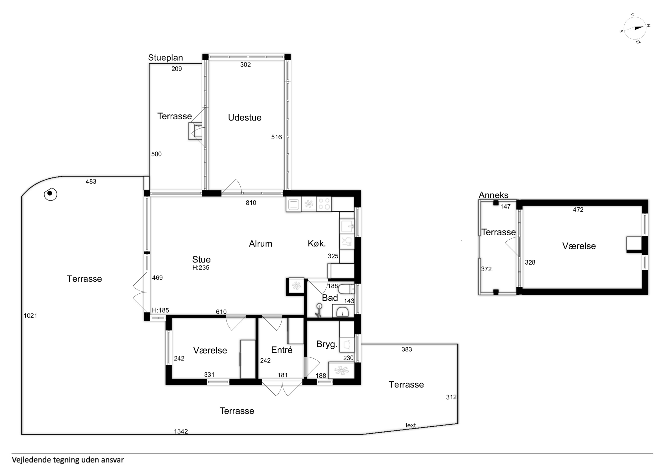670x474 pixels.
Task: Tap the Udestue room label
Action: pos(245,117)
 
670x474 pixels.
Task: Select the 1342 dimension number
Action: pos(181,431)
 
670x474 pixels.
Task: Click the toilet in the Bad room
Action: pos(346,289)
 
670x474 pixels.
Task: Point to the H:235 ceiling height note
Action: pos(201,268)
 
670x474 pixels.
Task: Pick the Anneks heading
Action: pos(493,195)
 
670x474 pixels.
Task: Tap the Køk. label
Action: pos(317,243)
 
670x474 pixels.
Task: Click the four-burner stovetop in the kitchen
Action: pos(324,204)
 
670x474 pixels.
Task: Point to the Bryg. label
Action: pos(327,344)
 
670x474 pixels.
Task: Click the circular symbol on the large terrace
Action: pos(50,194)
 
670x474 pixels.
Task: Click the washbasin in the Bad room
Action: pos(343,311)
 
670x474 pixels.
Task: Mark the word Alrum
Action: pos(261,244)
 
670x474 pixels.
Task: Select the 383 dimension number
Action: pos(407,349)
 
